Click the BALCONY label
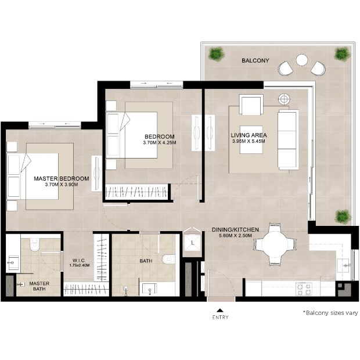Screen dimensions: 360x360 pos(255,60)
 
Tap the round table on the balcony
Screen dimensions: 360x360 pos(302,60)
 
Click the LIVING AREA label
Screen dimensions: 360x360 pos(249,135)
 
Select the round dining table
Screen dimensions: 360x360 pos(275,244)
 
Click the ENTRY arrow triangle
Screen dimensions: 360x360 pos(220,311)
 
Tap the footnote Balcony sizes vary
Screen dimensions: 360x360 pos(330,313)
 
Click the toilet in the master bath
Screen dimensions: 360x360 pos(34,245)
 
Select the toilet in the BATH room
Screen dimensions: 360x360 pos(169,259)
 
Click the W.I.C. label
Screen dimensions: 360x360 pos(79,260)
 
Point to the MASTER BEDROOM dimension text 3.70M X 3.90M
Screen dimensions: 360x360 pos(62,185)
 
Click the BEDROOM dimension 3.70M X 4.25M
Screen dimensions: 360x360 pos(160,143)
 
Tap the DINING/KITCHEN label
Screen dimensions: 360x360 pos(235,229)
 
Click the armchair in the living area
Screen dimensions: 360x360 pos(251,105)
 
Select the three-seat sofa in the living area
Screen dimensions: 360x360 pos(288,139)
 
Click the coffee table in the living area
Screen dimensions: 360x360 pos(251,139)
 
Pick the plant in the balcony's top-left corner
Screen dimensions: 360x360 pos(216,54)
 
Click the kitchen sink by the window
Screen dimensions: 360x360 pos(344,265)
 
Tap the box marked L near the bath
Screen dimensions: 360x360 pos(192,243)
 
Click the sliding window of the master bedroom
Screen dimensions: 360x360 pos(55,125)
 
